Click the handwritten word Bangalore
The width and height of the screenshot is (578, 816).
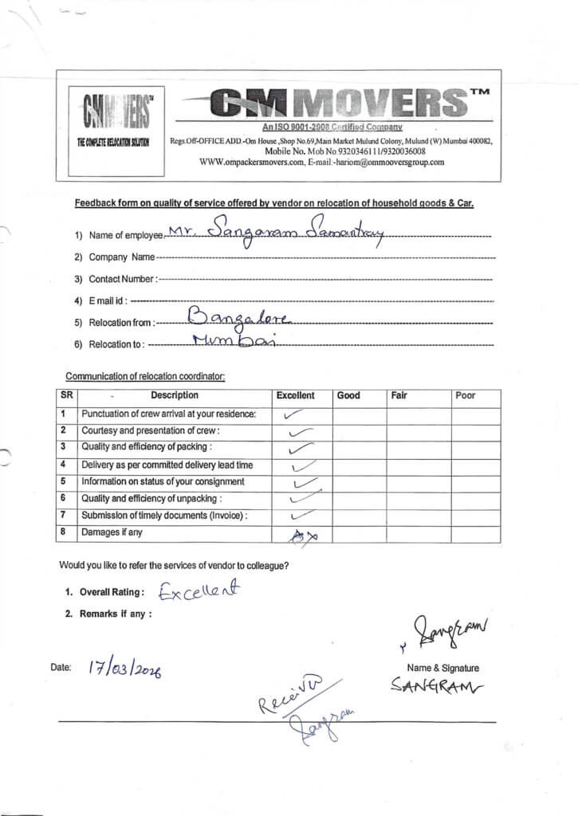click(239, 320)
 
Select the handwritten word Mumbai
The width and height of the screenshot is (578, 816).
click(232, 342)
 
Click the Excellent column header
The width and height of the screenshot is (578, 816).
click(295, 395)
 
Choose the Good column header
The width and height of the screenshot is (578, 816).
click(348, 395)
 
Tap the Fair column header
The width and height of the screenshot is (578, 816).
click(399, 395)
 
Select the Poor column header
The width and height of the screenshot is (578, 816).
click(465, 395)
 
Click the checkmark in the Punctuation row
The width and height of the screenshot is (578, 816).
click(293, 414)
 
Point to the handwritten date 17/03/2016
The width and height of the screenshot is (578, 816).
click(124, 670)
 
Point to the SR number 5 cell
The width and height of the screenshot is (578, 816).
click(62, 481)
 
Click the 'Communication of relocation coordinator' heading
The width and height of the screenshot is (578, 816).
click(145, 376)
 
